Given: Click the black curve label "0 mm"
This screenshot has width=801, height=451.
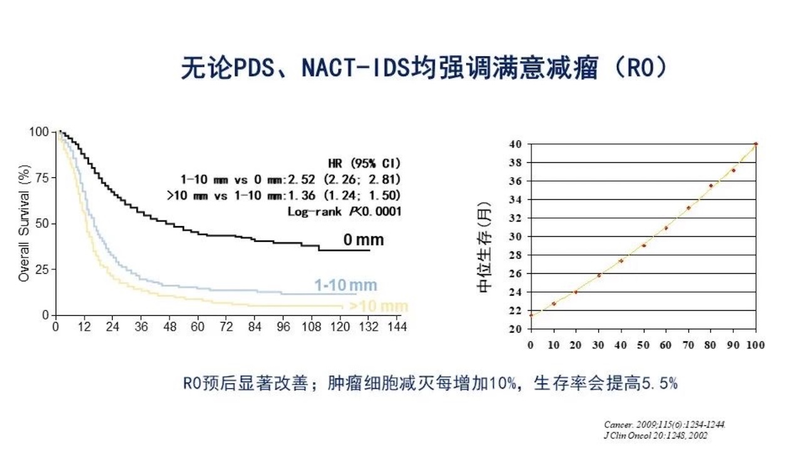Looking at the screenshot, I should [363, 240].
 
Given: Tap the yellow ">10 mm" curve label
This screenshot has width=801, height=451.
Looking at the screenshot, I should [379, 306].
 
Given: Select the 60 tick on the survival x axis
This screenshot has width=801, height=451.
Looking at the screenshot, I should [198, 327].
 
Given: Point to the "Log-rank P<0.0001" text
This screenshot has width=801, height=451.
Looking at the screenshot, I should [344, 211].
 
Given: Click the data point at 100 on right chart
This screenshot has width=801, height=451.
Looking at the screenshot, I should [756, 144].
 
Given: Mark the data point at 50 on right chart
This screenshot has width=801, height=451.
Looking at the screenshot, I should [643, 245].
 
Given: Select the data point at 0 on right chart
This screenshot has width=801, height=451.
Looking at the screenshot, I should [531, 315].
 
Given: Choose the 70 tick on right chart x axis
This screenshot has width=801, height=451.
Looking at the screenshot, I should [688, 345].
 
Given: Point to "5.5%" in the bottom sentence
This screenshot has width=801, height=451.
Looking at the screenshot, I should [660, 383].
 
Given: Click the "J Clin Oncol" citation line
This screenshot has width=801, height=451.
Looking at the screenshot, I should [656, 435].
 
